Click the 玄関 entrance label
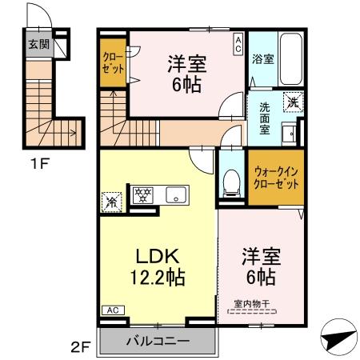[x=37, y=45]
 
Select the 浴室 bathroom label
[x=262, y=59]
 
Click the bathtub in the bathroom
[x=291, y=60]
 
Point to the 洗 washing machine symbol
[x=294, y=102]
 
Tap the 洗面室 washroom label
[x=263, y=118]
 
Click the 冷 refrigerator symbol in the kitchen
[x=112, y=201]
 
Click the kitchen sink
[x=175, y=194]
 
